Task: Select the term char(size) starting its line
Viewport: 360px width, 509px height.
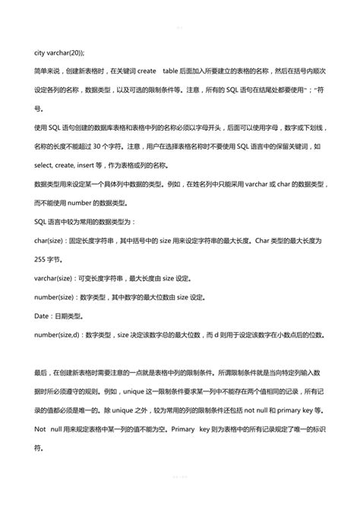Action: (50, 240)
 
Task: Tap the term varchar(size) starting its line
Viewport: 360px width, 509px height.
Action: (55, 277)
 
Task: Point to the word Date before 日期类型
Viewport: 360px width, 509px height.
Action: (42, 315)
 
